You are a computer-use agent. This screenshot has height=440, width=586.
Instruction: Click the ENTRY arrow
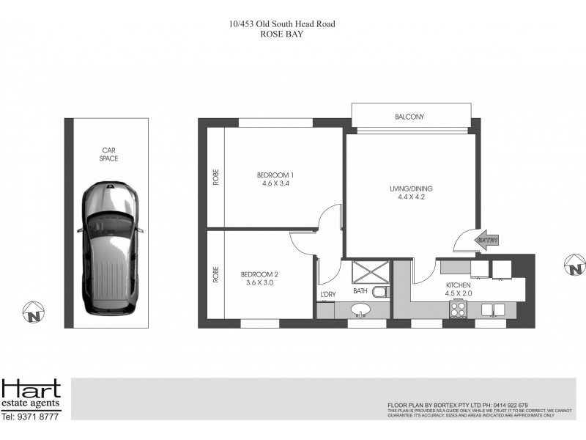tap(486, 240)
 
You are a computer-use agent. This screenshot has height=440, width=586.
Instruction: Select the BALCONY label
tap(409, 117)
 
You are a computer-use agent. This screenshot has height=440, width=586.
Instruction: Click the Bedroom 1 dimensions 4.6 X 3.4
tap(275, 185)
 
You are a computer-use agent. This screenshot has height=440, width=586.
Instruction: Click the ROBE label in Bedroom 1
tap(216, 177)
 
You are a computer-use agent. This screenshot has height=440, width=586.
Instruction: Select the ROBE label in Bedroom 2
tap(216, 274)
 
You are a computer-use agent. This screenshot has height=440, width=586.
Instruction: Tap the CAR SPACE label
tap(110, 154)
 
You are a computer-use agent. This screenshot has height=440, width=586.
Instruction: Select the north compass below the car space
tap(34, 313)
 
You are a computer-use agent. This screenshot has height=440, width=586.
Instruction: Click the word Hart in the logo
tap(31, 389)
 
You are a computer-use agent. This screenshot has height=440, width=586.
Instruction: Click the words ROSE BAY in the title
tap(282, 34)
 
